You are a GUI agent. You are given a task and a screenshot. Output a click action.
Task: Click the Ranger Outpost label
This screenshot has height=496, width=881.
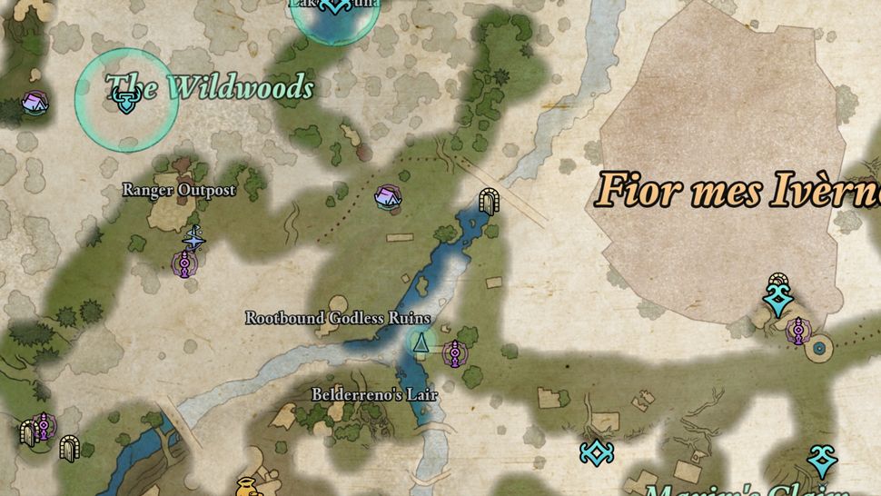pyautogui.click(x=179, y=190)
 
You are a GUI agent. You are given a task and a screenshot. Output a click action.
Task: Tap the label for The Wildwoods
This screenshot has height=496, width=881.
pyautogui.click(x=210, y=88)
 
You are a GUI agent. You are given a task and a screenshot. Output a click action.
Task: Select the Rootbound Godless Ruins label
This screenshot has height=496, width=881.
pyautogui.click(x=337, y=318)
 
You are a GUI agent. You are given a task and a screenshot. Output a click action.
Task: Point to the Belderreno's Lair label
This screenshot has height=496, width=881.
pyautogui.click(x=362, y=395)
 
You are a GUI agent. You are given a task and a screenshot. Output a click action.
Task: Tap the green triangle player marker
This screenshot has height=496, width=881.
pyautogui.click(x=420, y=343)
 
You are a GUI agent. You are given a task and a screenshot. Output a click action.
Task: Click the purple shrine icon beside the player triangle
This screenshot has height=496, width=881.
pyautogui.click(x=454, y=351)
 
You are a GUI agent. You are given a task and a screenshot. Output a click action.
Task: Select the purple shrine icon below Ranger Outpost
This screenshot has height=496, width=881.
pyautogui.click(x=186, y=263)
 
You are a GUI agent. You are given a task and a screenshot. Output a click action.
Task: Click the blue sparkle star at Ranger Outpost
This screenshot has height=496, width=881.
pyautogui.click(x=193, y=238)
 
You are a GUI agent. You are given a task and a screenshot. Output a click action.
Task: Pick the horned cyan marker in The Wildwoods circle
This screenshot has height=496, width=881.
pyautogui.click(x=125, y=103)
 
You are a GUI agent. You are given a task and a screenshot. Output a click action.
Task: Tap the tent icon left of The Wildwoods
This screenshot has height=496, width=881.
pyautogui.click(x=35, y=102)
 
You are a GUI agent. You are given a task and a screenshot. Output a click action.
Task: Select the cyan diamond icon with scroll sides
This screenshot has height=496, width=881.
pyautogui.click(x=596, y=451)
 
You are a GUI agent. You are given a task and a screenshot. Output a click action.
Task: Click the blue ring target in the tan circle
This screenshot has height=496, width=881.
pyautogui.click(x=820, y=347)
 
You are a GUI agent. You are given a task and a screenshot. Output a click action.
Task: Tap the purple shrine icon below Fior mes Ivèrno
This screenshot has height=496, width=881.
pyautogui.click(x=797, y=331)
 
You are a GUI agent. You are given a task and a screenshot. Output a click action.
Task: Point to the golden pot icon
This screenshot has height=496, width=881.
pyautogui.click(x=245, y=487)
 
